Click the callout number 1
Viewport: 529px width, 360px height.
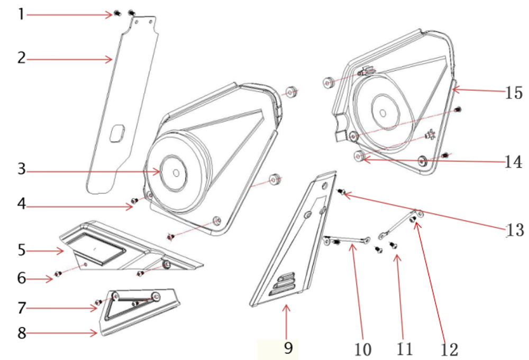(x=22, y=14)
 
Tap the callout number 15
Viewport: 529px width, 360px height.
(x=514, y=93)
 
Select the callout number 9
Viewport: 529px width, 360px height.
(x=288, y=348)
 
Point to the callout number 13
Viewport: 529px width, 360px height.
(x=515, y=230)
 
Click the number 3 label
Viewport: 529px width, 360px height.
(x=22, y=169)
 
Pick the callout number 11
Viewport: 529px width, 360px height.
(x=405, y=349)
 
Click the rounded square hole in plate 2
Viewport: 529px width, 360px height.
(x=117, y=133)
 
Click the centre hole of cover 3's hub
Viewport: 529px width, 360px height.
(x=176, y=172)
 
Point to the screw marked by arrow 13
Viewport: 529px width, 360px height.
(x=341, y=192)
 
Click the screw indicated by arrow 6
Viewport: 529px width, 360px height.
(x=58, y=274)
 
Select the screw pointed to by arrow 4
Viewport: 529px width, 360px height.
(x=134, y=201)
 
